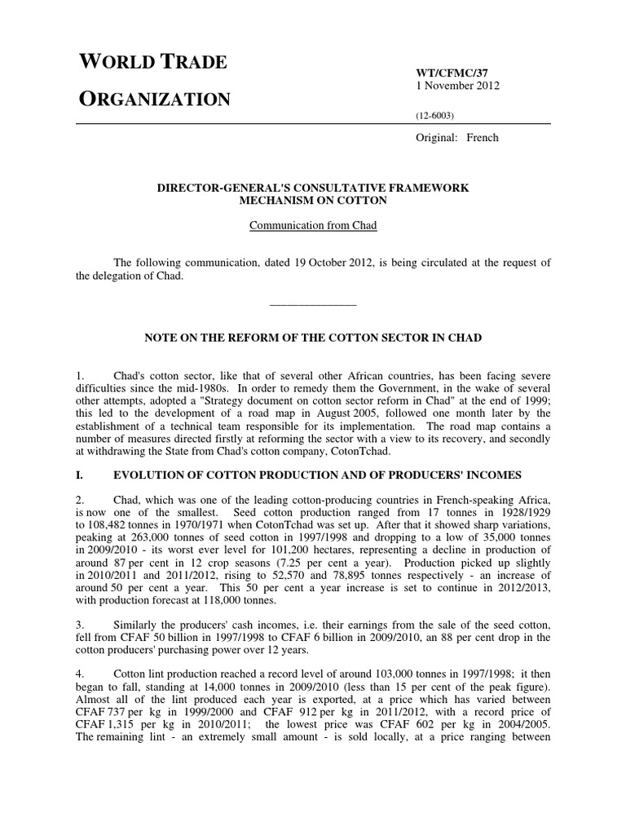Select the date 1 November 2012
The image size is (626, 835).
coord(458,85)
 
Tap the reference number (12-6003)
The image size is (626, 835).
coord(436,117)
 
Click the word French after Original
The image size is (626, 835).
coord(482,138)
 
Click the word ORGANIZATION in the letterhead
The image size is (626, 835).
coord(154,99)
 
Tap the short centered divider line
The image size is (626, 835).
coord(312,304)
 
